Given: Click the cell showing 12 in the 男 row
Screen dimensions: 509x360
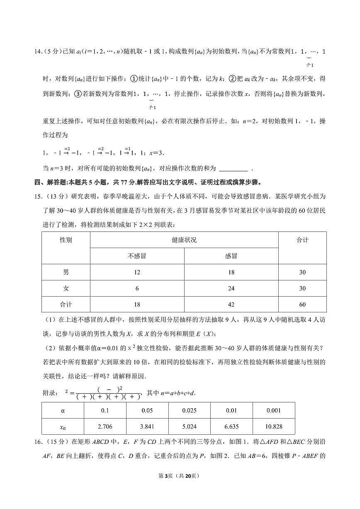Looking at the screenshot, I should coord(137,273).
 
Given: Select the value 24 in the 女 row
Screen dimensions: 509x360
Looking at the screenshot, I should coord(231,289).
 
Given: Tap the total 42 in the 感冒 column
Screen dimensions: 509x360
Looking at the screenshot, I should coord(231,304).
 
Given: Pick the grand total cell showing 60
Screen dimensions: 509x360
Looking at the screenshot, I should coord(302,304).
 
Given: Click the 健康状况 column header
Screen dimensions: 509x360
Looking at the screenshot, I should coord(184,240).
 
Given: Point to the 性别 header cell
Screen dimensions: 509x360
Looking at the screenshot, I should coord(66,240).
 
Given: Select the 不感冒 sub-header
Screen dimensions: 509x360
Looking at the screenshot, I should coord(137,256).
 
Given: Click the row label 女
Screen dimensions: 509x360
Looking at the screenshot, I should coord(66,289).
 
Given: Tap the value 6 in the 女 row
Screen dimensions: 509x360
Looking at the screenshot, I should coord(137,289).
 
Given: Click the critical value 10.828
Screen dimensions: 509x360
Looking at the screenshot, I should coord(274,426).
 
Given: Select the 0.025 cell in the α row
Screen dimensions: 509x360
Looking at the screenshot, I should coord(189,411).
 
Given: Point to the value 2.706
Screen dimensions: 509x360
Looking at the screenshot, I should coord(105,426).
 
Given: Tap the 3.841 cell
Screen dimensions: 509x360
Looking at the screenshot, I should coord(147,426).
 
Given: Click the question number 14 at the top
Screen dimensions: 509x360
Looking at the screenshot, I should coord(38,51).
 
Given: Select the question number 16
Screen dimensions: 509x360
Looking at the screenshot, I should coord(38,442).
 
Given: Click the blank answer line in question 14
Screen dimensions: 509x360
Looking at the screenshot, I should coord(233,168).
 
